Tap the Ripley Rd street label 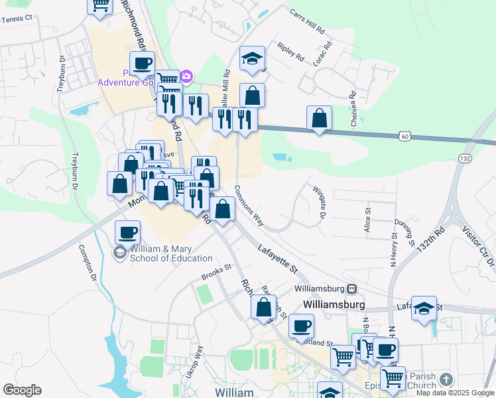[x=291, y=54]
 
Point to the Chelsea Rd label [x=354, y=113]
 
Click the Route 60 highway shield [x=404, y=136]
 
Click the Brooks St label [x=217, y=271]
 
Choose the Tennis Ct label [x=17, y=19]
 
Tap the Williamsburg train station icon [x=352, y=289]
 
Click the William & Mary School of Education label [x=170, y=254]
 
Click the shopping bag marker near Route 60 [x=320, y=119]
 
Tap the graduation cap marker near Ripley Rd [x=252, y=59]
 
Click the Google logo [x=22, y=390]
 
